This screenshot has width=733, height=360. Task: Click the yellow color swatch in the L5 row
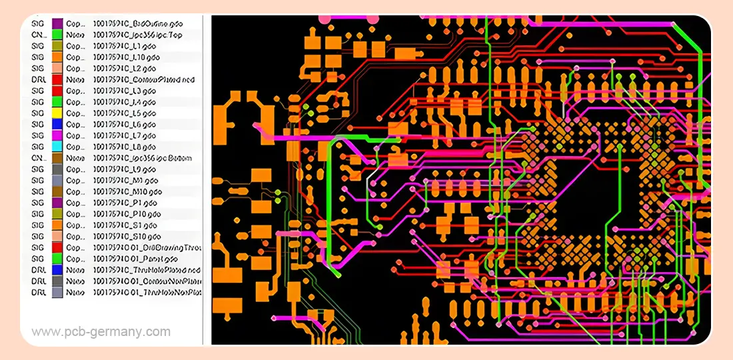pos(57,113)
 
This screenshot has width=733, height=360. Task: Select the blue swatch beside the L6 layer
pos(57,124)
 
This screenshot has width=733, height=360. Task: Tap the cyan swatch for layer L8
pos(57,147)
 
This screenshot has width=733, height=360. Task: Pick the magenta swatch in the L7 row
pos(57,135)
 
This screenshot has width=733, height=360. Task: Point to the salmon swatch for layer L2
pos(57,68)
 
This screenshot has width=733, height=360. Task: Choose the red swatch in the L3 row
pos(57,91)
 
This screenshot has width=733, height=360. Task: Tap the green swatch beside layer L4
pos(57,101)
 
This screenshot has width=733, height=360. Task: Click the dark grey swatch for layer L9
pos(57,169)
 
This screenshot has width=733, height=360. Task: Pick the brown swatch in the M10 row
pos(57,191)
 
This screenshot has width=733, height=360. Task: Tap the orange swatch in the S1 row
pos(57,225)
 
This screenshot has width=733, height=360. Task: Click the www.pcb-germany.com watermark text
pos(101,331)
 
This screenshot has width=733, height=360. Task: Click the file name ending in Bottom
pos(143,158)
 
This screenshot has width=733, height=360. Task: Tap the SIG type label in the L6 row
pos(37,124)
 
